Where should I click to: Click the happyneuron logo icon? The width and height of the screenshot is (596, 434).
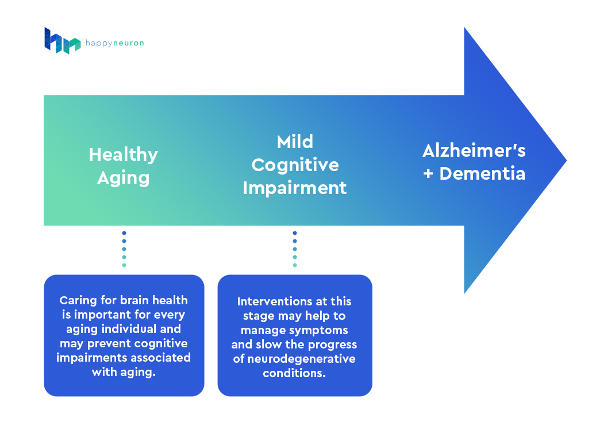pos(62,41)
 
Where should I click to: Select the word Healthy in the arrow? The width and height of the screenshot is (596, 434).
pos(123,155)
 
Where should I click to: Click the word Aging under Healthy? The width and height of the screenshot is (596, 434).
pos(123,178)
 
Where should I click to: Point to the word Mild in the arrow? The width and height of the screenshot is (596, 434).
pos(295,142)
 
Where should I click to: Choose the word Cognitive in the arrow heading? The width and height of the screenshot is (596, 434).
pos(295,165)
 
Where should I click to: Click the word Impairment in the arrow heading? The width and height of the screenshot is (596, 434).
pos(295,188)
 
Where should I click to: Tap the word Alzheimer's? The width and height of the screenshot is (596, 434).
pos(474,150)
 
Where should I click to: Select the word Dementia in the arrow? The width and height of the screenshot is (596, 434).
pos(482,173)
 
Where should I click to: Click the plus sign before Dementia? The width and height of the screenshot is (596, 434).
pos(428,174)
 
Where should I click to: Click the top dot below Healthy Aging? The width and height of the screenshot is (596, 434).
pos(124,233)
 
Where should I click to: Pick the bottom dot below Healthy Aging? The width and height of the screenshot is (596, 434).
pos(124,265)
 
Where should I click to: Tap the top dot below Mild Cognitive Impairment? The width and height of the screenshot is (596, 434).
pos(295,233)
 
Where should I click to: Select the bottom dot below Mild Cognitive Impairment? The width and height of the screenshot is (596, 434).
pos(295,265)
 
